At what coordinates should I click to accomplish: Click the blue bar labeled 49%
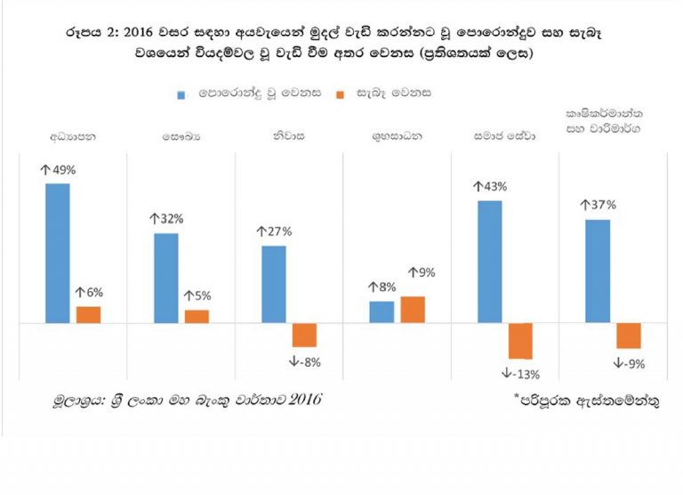58,253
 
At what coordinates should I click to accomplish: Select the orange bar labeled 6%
88,314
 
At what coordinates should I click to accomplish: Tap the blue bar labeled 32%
165,278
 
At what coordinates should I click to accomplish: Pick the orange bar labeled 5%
197,316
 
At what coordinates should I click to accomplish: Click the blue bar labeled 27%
274,284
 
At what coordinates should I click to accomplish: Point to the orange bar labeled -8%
304,335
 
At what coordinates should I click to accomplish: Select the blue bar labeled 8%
382,312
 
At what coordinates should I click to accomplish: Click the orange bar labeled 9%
413,309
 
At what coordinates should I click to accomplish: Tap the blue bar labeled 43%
490,262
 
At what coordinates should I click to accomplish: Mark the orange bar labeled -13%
520,340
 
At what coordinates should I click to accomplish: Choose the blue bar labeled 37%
599,271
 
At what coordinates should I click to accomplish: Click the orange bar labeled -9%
629,336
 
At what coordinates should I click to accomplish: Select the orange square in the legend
341,93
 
